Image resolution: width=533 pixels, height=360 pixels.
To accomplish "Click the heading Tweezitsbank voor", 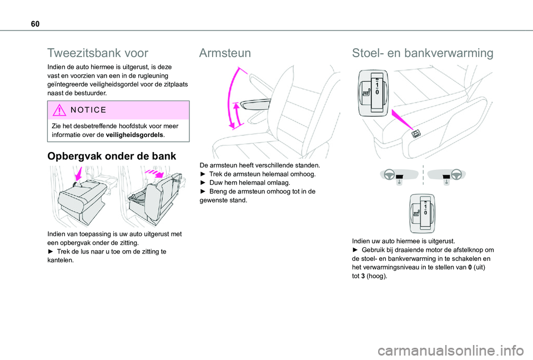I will click(98, 53).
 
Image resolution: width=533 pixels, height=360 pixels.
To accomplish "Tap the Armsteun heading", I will click(225, 53).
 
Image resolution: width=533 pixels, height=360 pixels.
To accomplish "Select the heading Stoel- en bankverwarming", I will click(422, 53).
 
